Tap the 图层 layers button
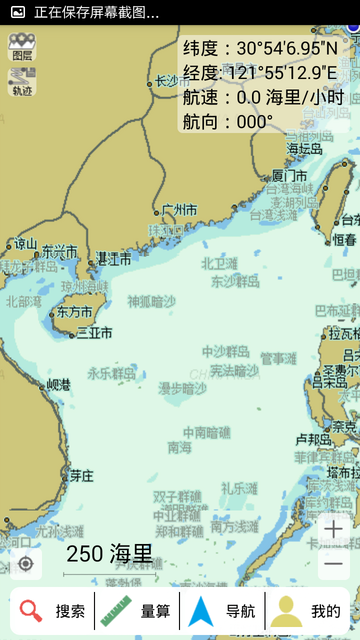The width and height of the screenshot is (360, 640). [22, 47]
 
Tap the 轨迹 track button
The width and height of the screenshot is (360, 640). [22, 82]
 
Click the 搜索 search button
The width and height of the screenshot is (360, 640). [52, 611]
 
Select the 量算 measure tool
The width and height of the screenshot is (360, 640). [137, 611]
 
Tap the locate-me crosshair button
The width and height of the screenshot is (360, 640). [25, 564]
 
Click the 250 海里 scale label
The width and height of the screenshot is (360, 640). [109, 554]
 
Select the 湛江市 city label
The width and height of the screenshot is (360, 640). [113, 259]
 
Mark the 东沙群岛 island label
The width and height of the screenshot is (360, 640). [235, 281]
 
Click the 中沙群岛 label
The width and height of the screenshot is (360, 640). [225, 351]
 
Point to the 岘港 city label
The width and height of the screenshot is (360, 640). [58, 384]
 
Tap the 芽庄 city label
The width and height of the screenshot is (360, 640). [81, 475]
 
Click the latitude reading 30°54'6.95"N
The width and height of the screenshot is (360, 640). [287, 48]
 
